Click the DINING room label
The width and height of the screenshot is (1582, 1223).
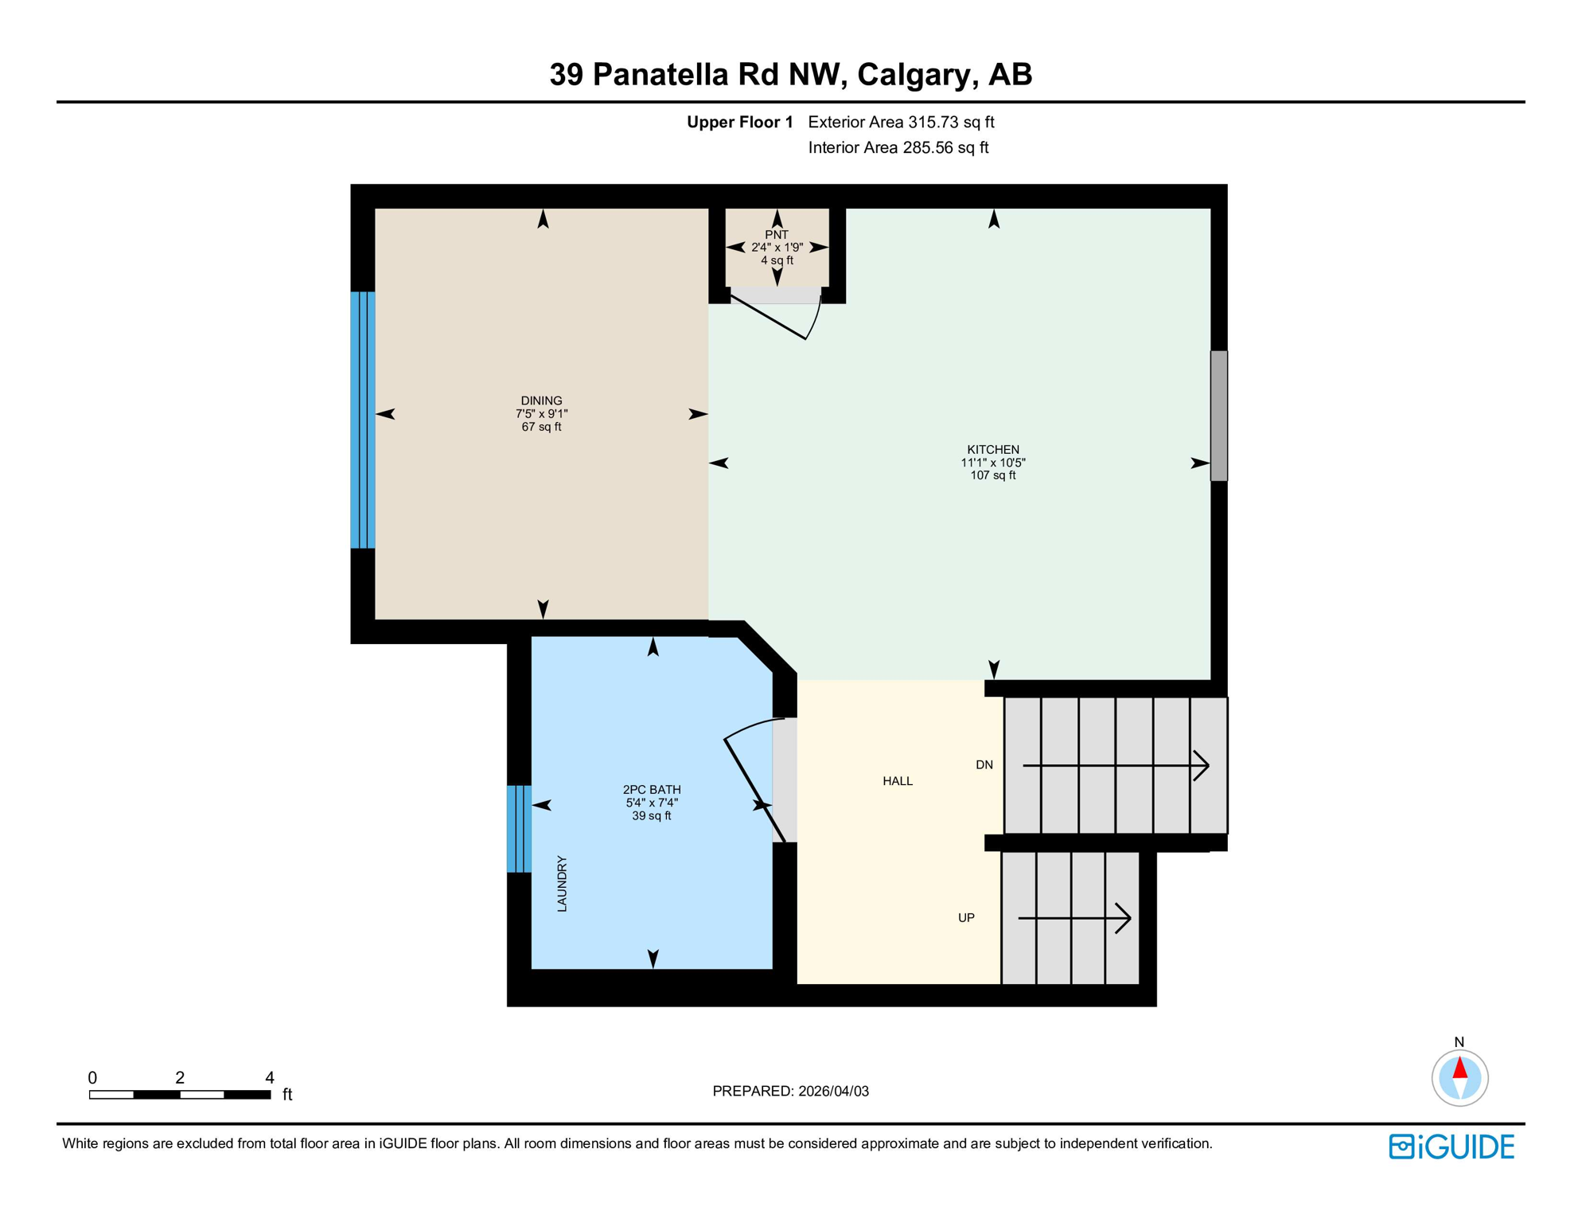tap(541, 401)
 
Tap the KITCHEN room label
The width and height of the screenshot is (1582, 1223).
tap(992, 449)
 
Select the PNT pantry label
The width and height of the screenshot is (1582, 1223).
tap(776, 235)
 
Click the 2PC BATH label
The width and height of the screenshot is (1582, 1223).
tap(651, 789)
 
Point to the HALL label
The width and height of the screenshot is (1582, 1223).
tap(897, 780)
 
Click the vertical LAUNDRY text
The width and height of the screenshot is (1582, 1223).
tap(562, 883)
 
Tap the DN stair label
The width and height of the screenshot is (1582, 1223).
tap(984, 764)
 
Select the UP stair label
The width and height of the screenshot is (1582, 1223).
tap(965, 917)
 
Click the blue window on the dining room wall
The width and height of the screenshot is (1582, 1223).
tap(363, 420)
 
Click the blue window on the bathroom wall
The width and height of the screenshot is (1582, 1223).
tap(519, 828)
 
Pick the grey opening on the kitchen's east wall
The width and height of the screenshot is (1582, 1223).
tap(1218, 416)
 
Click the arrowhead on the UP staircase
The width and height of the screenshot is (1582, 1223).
tap(1124, 918)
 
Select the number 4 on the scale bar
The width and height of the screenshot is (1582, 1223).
tap(270, 1077)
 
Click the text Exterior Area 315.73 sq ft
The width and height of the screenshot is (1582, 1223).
tap(901, 122)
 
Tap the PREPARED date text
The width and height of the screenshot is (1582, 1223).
tap(790, 1091)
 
